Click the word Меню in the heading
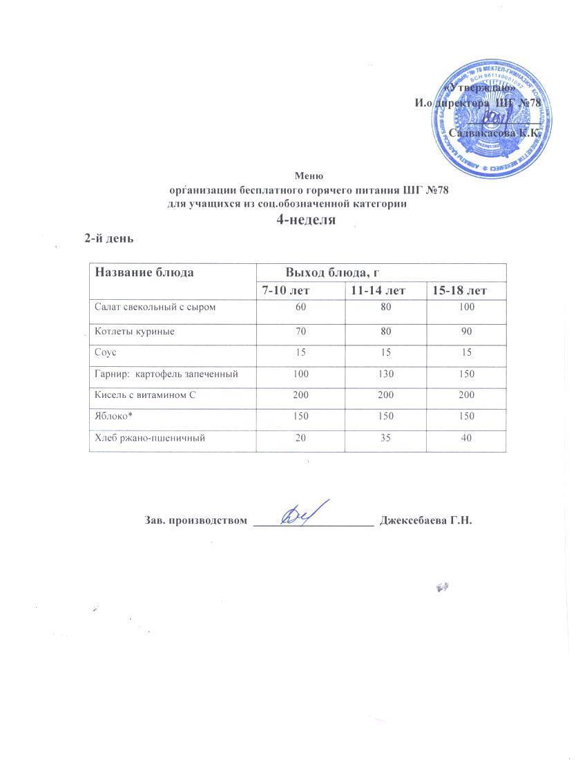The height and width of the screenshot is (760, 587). (x=309, y=176)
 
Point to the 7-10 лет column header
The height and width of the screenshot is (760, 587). (x=300, y=291)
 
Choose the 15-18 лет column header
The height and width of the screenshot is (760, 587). (x=460, y=291)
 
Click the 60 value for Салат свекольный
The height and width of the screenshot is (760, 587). (x=300, y=307)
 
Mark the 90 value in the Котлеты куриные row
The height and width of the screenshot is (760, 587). (x=467, y=332)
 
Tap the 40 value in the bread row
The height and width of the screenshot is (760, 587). (x=467, y=438)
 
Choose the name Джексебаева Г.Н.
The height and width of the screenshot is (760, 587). (x=426, y=520)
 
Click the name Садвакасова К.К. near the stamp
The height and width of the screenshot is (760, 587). (x=491, y=133)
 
